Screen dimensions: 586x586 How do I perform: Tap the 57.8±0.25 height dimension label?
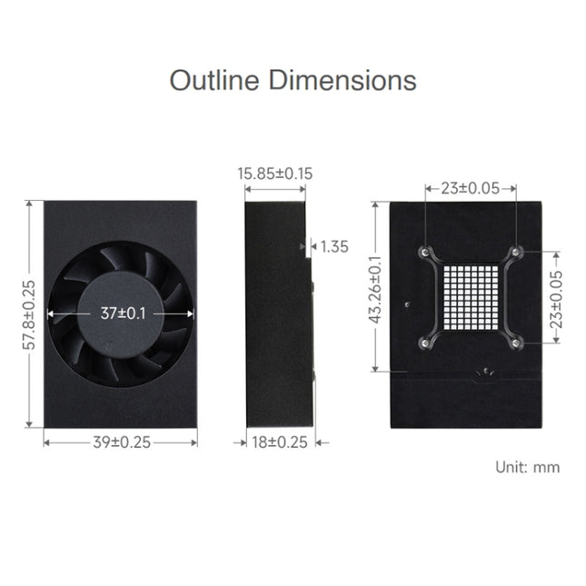click(29, 314)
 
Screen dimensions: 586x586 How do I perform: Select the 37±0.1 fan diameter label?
click(121, 313)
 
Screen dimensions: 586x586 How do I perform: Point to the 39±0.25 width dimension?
click(121, 442)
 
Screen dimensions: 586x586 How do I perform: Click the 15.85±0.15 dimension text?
click(275, 173)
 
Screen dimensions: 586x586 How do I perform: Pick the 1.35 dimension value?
click(335, 245)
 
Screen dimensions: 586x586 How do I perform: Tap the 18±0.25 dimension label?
click(277, 442)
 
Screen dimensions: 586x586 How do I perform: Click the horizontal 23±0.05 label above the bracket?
click(470, 188)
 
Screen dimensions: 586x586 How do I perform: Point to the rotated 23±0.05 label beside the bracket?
click(556, 298)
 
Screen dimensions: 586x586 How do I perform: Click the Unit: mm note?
click(527, 467)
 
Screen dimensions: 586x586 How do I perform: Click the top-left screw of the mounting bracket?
click(424, 252)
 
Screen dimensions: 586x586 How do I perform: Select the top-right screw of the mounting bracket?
click(515, 252)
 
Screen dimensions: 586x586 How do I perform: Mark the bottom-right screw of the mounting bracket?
click(515, 343)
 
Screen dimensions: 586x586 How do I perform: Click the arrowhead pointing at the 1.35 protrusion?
click(313, 245)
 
